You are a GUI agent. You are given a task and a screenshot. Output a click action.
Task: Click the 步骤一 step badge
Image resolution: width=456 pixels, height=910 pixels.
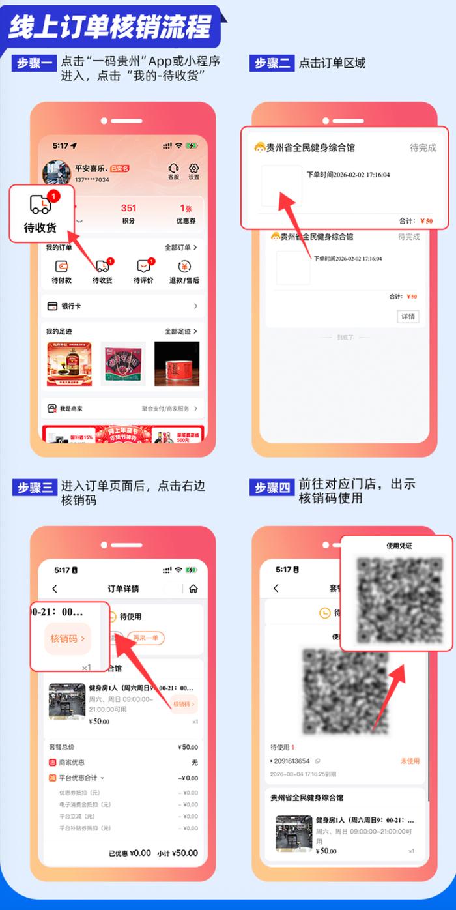(34, 63)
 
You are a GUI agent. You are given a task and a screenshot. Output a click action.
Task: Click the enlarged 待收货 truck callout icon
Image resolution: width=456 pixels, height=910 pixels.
(41, 205)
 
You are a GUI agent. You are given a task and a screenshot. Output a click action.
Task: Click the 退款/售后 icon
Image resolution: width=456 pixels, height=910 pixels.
(184, 267)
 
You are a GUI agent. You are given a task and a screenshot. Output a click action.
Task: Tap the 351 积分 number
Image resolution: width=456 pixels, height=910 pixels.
(128, 208)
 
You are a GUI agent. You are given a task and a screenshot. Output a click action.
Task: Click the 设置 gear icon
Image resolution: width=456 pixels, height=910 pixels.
(193, 168)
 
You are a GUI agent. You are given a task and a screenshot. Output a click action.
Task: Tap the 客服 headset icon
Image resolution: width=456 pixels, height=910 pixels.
(173, 168)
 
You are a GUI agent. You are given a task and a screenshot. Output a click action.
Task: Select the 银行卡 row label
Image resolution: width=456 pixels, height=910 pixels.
(71, 306)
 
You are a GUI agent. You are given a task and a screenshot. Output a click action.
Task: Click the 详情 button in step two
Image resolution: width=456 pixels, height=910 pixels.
(408, 317)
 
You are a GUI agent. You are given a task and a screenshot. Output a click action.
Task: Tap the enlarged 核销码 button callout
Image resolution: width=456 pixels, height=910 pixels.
(68, 639)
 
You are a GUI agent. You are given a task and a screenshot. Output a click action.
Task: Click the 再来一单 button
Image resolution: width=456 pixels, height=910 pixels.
(145, 638)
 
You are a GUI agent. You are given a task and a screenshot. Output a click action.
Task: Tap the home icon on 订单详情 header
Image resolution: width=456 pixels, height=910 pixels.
(193, 589)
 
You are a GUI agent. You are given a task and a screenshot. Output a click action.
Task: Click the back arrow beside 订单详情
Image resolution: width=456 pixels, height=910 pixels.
(55, 589)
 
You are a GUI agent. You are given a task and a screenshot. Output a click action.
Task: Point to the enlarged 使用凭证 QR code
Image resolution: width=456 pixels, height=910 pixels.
(396, 593)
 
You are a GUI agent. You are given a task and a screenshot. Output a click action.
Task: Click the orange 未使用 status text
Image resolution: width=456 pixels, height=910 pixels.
(410, 761)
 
